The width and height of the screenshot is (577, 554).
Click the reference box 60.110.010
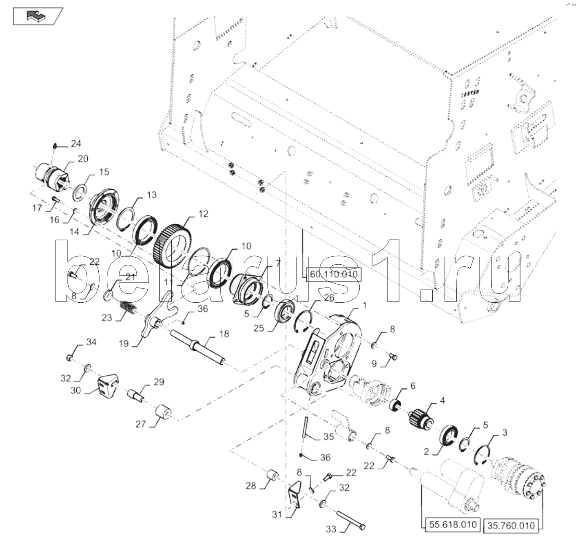pos(333,275)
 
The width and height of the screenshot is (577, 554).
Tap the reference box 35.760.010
pos(511,525)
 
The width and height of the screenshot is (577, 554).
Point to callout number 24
pos(75,144)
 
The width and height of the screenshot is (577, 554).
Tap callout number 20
pos(83,159)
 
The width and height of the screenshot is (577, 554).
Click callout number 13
pos(151,195)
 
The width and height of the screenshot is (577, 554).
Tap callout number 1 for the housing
pos(364,305)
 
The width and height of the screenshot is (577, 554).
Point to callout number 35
pos(329,437)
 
